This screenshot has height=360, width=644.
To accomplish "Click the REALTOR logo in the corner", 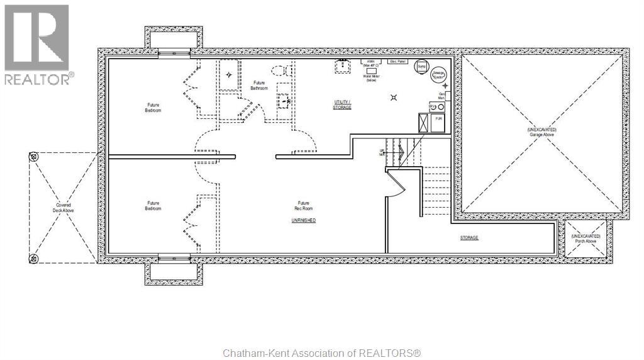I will click(38, 44).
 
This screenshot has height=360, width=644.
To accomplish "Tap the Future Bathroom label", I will click(259, 86).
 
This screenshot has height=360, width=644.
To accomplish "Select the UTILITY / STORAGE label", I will click(342, 104).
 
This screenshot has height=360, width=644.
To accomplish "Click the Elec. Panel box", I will click(397, 62).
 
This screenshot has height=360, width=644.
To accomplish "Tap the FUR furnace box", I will click(438, 119).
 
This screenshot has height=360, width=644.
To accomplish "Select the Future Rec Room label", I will click(304, 206).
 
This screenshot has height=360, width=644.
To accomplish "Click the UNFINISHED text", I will click(303, 220).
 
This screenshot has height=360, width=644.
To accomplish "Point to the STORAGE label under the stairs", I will click(469, 238).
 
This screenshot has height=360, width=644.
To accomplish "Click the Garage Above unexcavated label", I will click(541, 132).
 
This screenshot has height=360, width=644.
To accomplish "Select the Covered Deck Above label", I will click(63, 208).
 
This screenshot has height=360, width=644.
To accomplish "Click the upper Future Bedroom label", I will click(153, 108).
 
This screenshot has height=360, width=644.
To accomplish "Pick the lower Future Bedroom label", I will click(153, 206).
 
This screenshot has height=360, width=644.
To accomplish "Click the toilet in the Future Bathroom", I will click(278, 71).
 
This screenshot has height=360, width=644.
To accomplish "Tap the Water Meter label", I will click(370, 77).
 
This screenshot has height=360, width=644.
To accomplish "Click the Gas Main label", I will click(441, 96).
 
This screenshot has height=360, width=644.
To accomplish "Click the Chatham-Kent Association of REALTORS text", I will click(321, 353).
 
